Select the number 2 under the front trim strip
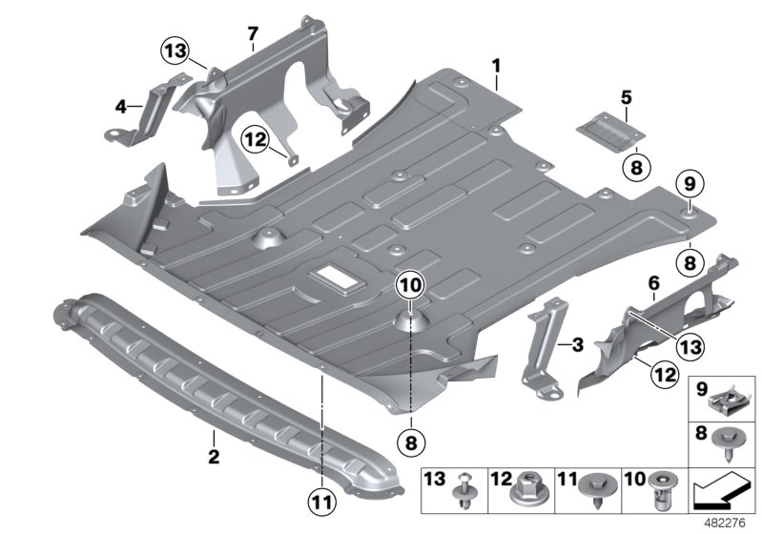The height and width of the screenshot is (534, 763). [x=214, y=458]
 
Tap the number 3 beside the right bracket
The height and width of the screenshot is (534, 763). [x=576, y=344]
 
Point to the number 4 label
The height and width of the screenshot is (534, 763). [x=121, y=107]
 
